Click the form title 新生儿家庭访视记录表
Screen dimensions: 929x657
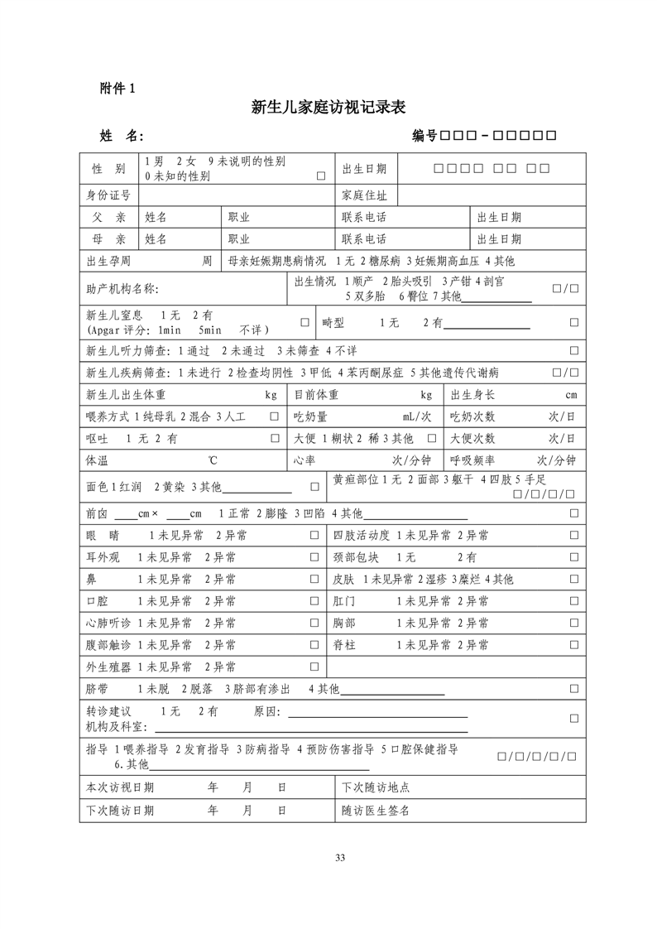pyautogui.click(x=328, y=108)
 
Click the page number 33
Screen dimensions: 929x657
pyautogui.click(x=339, y=856)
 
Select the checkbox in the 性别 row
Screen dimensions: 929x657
pyautogui.click(x=320, y=176)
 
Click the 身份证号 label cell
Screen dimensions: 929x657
pyautogui.click(x=108, y=195)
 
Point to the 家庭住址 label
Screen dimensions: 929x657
pyautogui.click(x=364, y=195)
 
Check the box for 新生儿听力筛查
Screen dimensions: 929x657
pyautogui.click(x=573, y=351)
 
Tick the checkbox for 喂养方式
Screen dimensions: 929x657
pyautogui.click(x=274, y=416)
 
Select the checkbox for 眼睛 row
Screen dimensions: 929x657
pyautogui.click(x=314, y=536)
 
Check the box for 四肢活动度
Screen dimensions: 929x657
pyautogui.click(x=573, y=536)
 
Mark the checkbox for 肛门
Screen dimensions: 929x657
pyautogui.click(x=573, y=601)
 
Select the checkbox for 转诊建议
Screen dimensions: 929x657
pyautogui.click(x=573, y=718)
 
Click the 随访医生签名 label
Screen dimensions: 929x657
pyautogui.click(x=376, y=811)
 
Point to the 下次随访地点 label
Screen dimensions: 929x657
pyautogui.click(x=376, y=787)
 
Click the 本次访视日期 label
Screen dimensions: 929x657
pyautogui.click(x=120, y=787)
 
